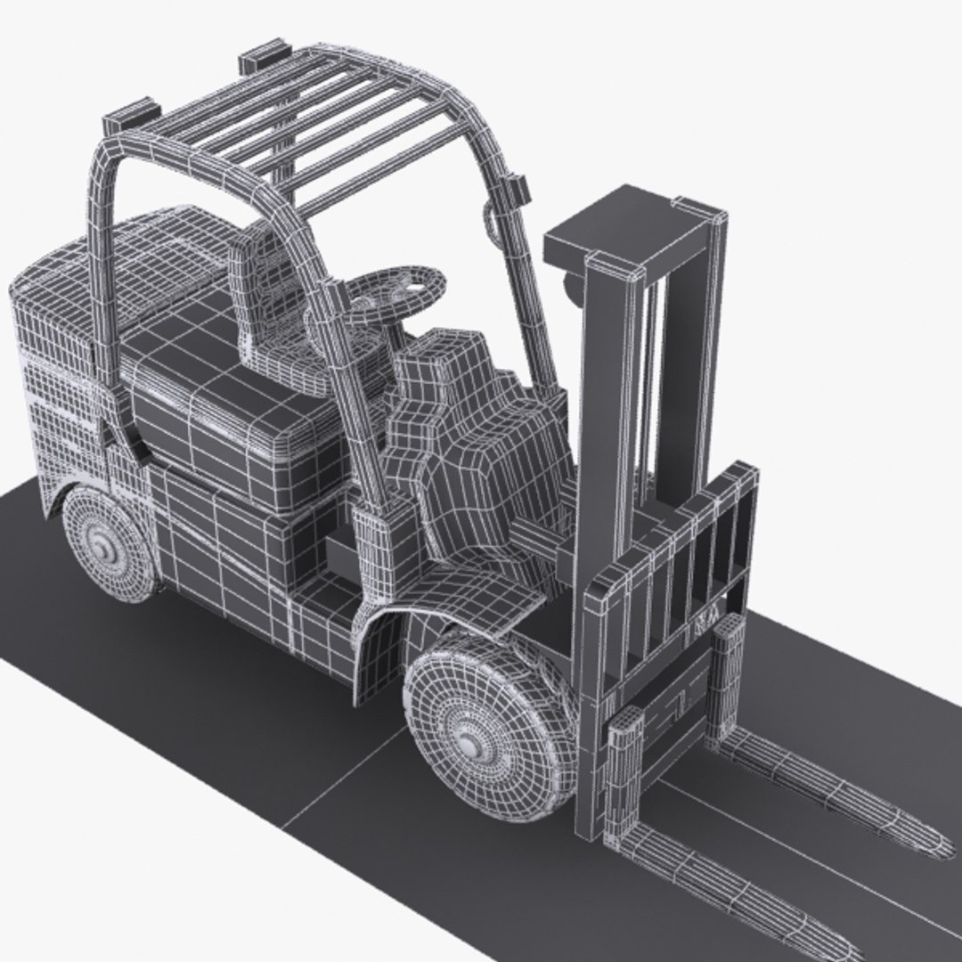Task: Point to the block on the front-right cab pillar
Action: tap(516, 188)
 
